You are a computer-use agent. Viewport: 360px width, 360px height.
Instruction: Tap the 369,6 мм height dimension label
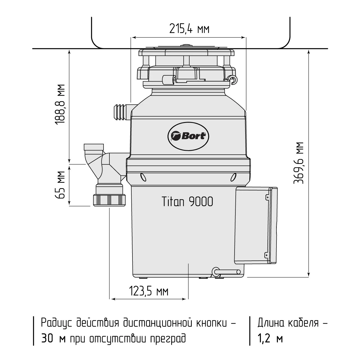coord(298,163)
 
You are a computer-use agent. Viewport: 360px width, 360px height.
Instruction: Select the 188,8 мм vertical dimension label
coord(60,104)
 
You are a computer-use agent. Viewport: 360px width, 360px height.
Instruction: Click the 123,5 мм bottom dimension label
coord(149,292)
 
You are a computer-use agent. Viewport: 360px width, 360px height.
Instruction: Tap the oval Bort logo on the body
coord(188,136)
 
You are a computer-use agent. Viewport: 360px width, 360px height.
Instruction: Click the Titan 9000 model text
coord(187,202)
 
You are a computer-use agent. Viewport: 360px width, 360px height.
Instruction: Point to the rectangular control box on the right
coord(256,226)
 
